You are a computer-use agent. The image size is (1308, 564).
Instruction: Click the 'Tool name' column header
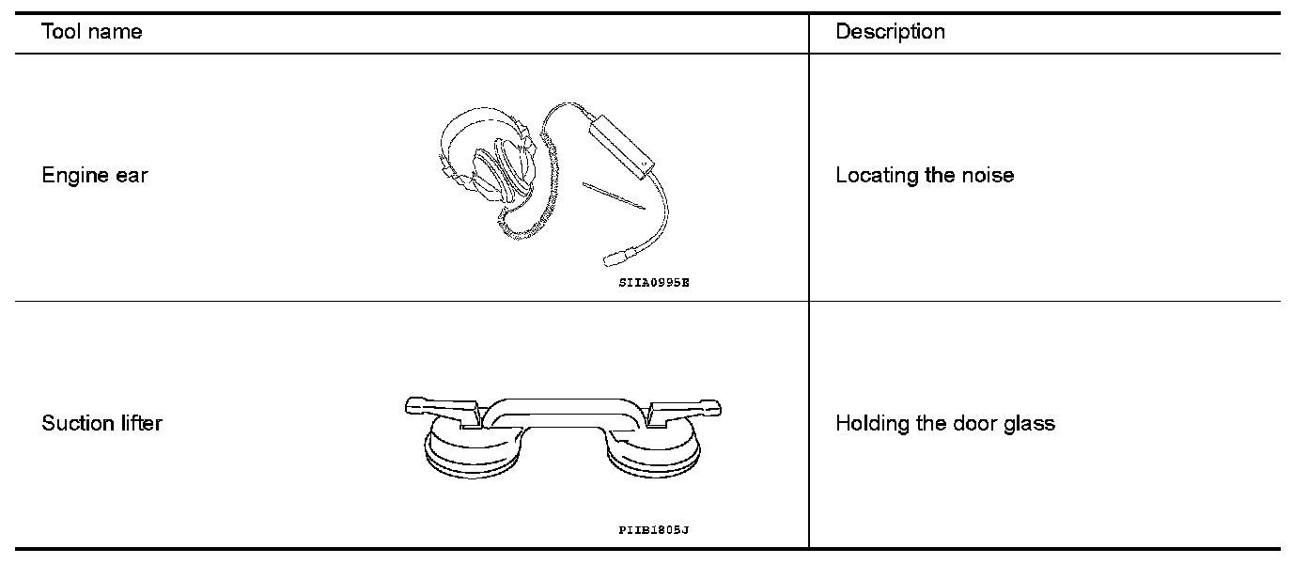point(92,32)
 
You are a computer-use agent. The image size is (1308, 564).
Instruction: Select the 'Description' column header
point(890,32)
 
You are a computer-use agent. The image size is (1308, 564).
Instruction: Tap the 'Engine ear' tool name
point(95,176)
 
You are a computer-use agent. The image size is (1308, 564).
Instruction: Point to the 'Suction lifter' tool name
point(101,423)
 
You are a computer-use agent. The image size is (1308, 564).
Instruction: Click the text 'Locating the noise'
point(925,176)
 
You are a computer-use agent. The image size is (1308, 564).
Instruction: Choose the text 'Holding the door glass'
point(944,423)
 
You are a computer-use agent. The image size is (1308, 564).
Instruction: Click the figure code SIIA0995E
point(654,282)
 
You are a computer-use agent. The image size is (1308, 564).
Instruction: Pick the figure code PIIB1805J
point(654,530)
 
